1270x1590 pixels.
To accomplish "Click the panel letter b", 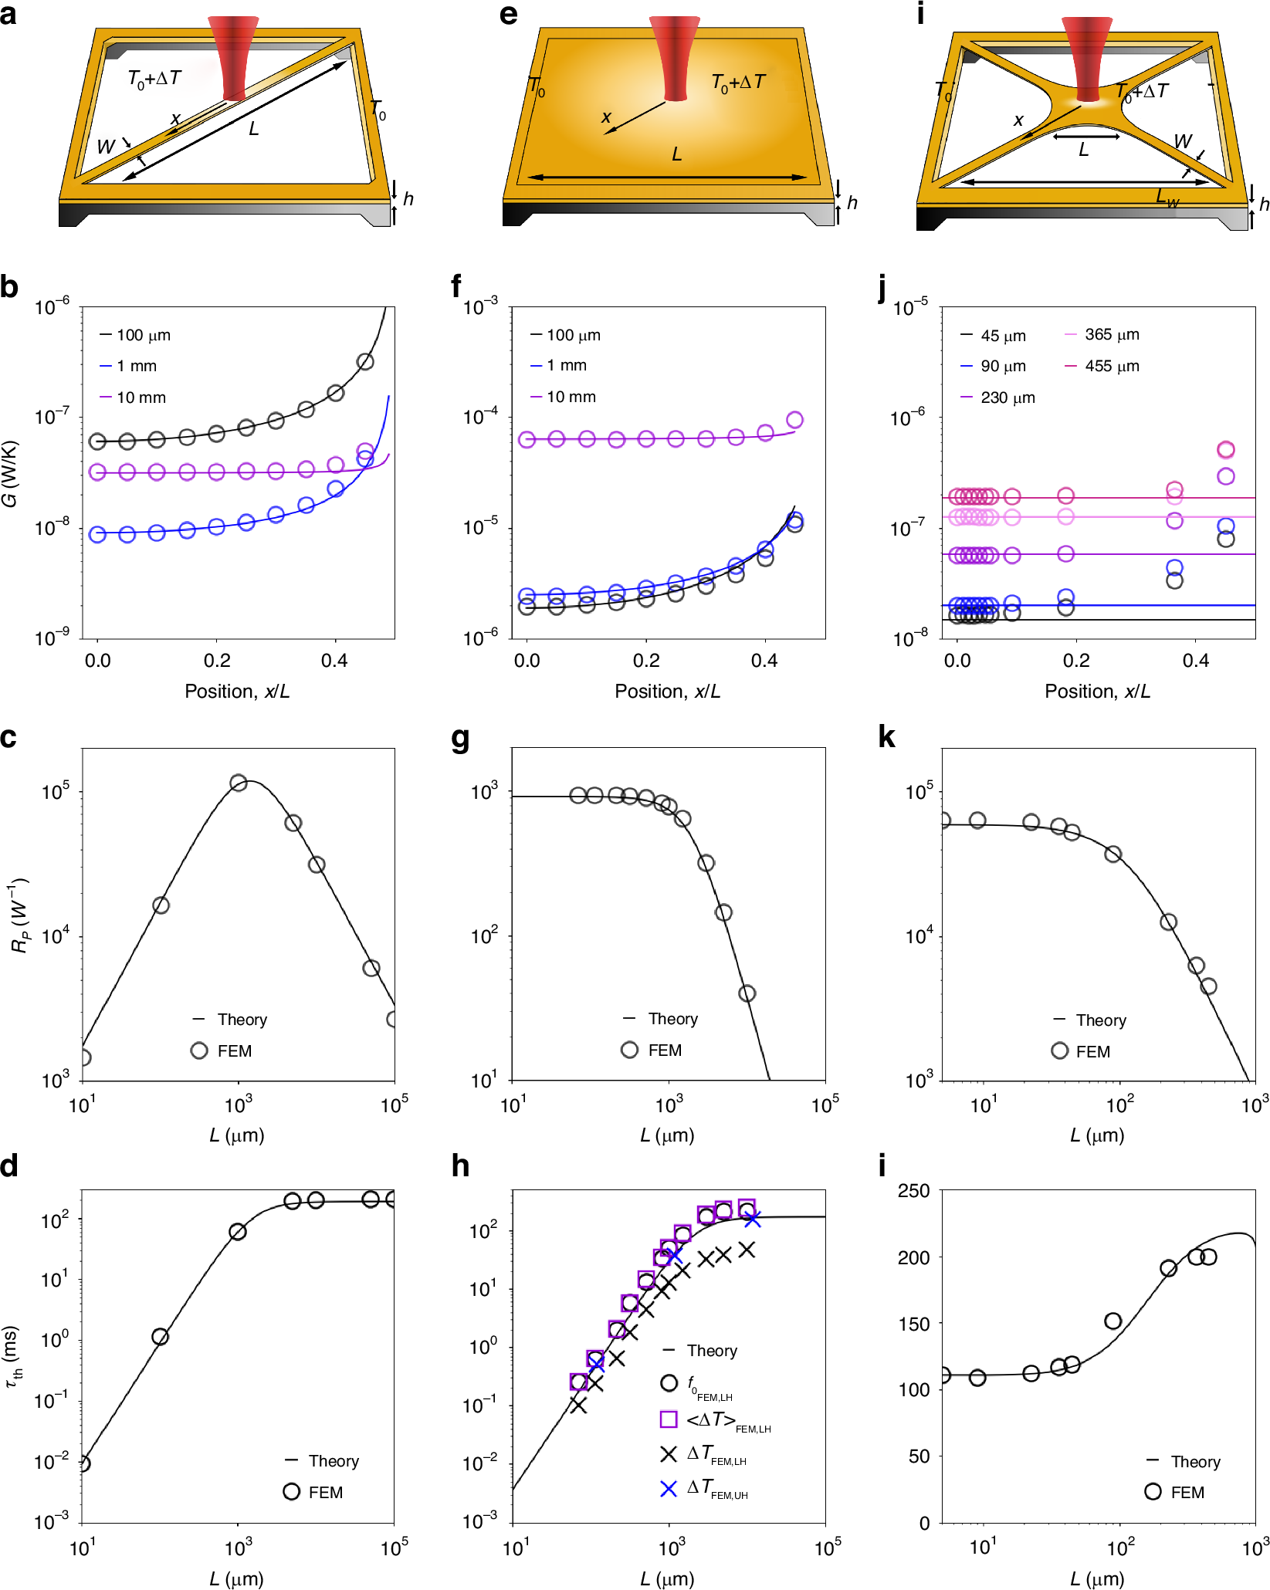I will pos(9,287).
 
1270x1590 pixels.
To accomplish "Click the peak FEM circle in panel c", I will pos(239,783).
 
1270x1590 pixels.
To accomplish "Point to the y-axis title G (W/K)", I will pos(11,474).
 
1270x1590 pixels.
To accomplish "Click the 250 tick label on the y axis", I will pos(913,1191).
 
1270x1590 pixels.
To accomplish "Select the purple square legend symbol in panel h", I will pos(669,1419).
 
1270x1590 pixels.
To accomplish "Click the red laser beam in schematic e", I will pos(675,58).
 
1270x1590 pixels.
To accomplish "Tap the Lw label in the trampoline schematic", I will pos(1167,198).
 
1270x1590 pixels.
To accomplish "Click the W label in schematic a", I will pos(106,146).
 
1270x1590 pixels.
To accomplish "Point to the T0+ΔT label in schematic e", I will pos(738,82).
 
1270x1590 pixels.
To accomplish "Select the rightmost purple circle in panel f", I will pos(794,420).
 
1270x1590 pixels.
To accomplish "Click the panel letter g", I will pos(460,739).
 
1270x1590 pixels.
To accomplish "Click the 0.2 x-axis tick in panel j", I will pos(1076,661).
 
